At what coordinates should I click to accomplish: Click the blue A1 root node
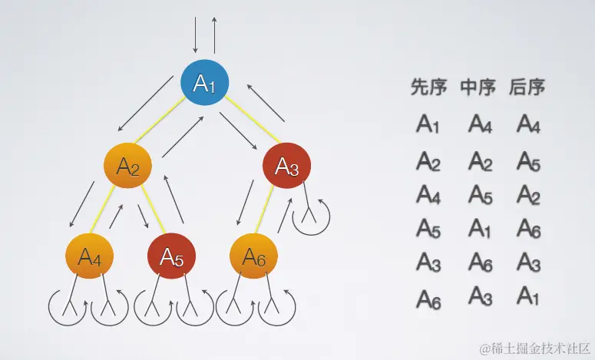point(205,83)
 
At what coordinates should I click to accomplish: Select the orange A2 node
point(128,166)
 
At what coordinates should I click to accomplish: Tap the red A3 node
point(286,165)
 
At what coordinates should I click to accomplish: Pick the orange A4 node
point(90,258)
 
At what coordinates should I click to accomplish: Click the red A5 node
point(170,258)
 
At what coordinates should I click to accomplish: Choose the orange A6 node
point(253,258)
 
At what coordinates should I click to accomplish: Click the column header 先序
point(428,88)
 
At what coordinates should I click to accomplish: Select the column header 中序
point(478,88)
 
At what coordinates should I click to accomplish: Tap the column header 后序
point(527,88)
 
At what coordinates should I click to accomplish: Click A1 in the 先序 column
point(428,124)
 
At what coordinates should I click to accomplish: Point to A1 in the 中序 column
point(480,228)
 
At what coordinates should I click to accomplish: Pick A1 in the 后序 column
point(529,296)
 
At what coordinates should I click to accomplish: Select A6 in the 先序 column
point(428,298)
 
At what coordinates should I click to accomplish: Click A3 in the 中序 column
point(480,296)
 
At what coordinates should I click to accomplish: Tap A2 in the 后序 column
point(529,194)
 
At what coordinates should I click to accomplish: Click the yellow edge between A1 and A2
point(167,124)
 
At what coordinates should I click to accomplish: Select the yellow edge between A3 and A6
point(269,212)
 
